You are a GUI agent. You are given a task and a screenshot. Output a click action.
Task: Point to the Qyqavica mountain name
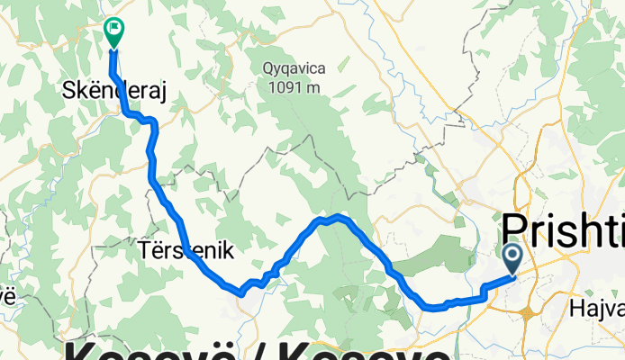pos(294,68)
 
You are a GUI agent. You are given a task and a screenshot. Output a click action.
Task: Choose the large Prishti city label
pos(563,229)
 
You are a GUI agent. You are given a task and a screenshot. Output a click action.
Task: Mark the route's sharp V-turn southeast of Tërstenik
pos(241,292)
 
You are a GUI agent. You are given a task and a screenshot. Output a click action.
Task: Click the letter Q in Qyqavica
pos(268,68)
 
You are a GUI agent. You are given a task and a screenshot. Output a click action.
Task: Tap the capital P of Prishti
pos(515,229)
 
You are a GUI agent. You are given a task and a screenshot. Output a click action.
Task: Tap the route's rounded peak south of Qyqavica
pos(333,217)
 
